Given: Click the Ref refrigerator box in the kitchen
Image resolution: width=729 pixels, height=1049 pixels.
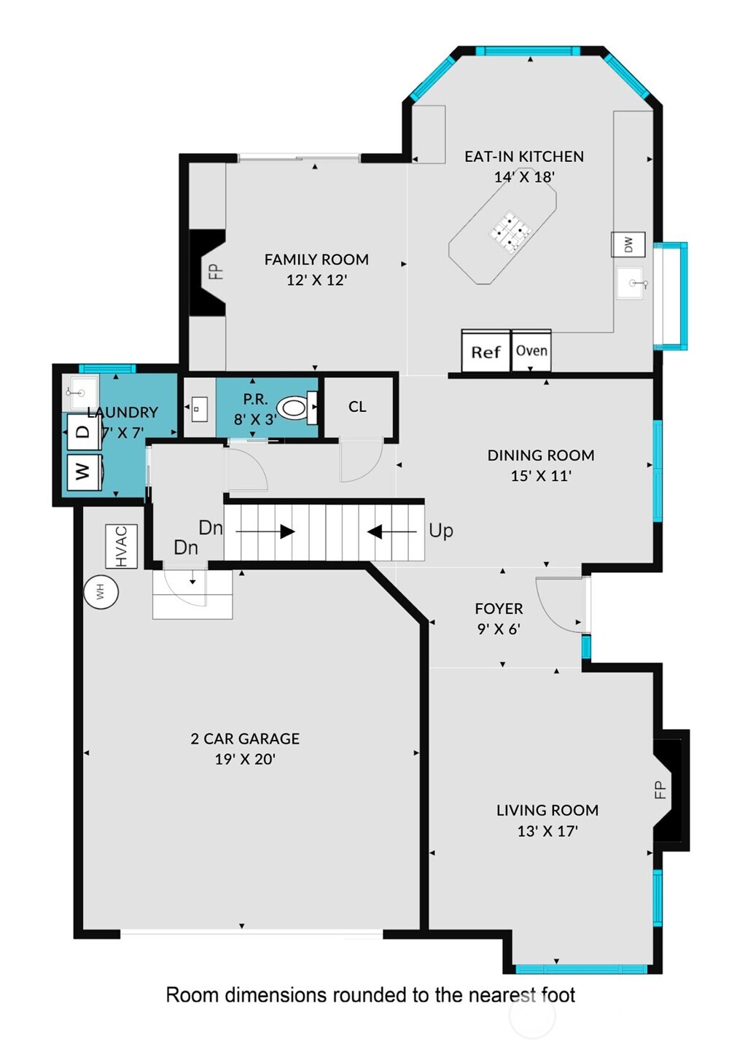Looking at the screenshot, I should (x=486, y=351).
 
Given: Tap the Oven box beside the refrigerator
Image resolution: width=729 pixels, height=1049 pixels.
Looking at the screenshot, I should (x=531, y=351).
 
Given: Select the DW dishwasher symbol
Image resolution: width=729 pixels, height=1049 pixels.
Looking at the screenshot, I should (x=628, y=245).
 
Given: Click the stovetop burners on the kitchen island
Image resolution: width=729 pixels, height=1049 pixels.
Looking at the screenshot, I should (x=509, y=232).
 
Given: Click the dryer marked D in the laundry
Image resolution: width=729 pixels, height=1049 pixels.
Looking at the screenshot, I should (x=84, y=432).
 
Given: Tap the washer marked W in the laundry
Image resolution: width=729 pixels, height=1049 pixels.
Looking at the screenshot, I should (x=84, y=472).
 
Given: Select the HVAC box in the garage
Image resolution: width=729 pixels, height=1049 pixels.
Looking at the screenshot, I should (x=121, y=547).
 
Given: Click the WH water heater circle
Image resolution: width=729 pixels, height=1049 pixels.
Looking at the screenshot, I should (x=101, y=591).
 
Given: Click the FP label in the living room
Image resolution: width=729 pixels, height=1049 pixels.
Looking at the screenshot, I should (x=660, y=789).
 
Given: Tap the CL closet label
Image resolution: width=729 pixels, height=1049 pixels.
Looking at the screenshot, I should (x=357, y=407).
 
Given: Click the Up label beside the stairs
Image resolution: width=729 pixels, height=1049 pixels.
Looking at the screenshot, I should (x=441, y=531).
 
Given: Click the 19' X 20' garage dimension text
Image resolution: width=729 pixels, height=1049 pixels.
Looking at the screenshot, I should (x=245, y=759).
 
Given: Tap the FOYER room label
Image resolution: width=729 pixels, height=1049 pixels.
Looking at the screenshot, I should (x=499, y=609).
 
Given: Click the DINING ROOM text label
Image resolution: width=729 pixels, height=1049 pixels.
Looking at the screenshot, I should (x=541, y=456).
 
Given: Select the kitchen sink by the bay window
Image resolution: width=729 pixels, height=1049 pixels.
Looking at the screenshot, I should (x=631, y=283).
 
